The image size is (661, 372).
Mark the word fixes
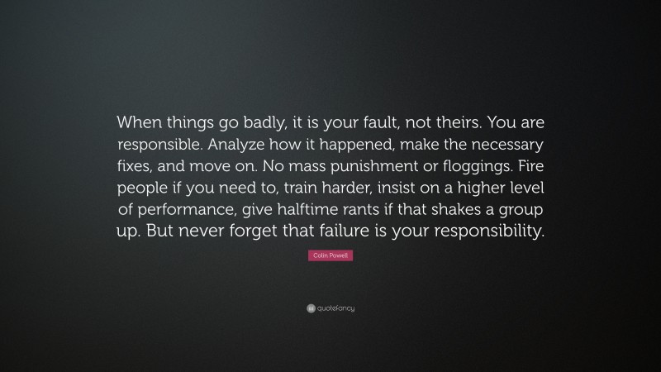click(138, 165)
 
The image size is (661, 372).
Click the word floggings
click(466, 165)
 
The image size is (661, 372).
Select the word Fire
click(525, 165)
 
